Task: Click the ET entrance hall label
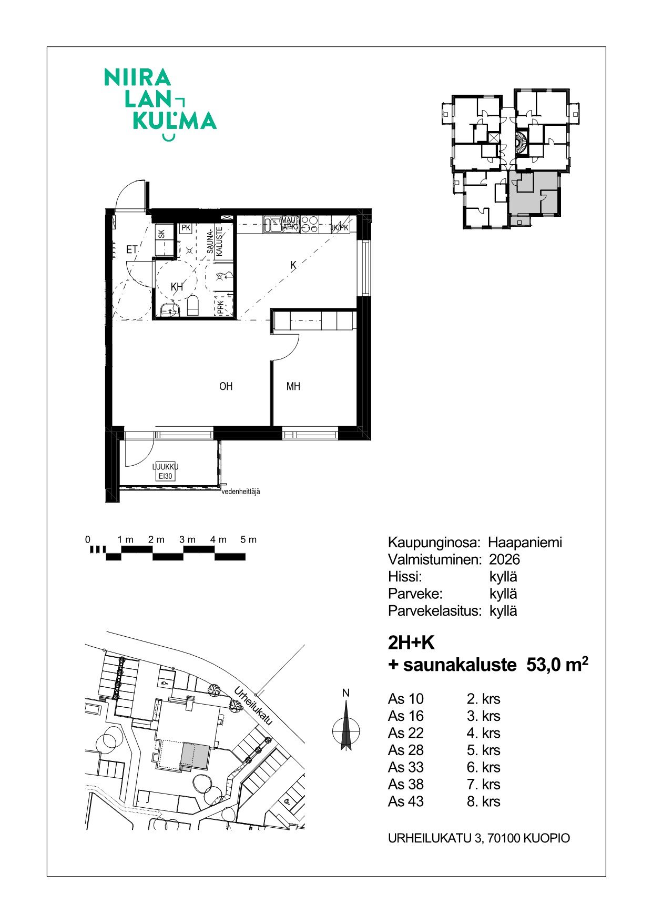click(131, 249)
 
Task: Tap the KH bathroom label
click(177, 287)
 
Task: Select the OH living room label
click(226, 386)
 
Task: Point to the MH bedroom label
click(293, 386)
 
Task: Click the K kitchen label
click(293, 265)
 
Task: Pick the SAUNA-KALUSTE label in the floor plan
click(215, 241)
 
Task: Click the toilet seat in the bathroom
click(193, 305)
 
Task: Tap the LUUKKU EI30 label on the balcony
click(165, 471)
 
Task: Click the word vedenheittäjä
click(241, 491)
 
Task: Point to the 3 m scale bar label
click(187, 539)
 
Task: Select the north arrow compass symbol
click(346, 726)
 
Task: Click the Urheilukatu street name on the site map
click(253, 706)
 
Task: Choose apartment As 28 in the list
click(406, 750)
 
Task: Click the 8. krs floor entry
click(483, 801)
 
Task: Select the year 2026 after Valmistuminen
click(504, 559)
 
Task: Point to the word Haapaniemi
click(525, 542)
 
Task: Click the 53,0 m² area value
click(557, 664)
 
